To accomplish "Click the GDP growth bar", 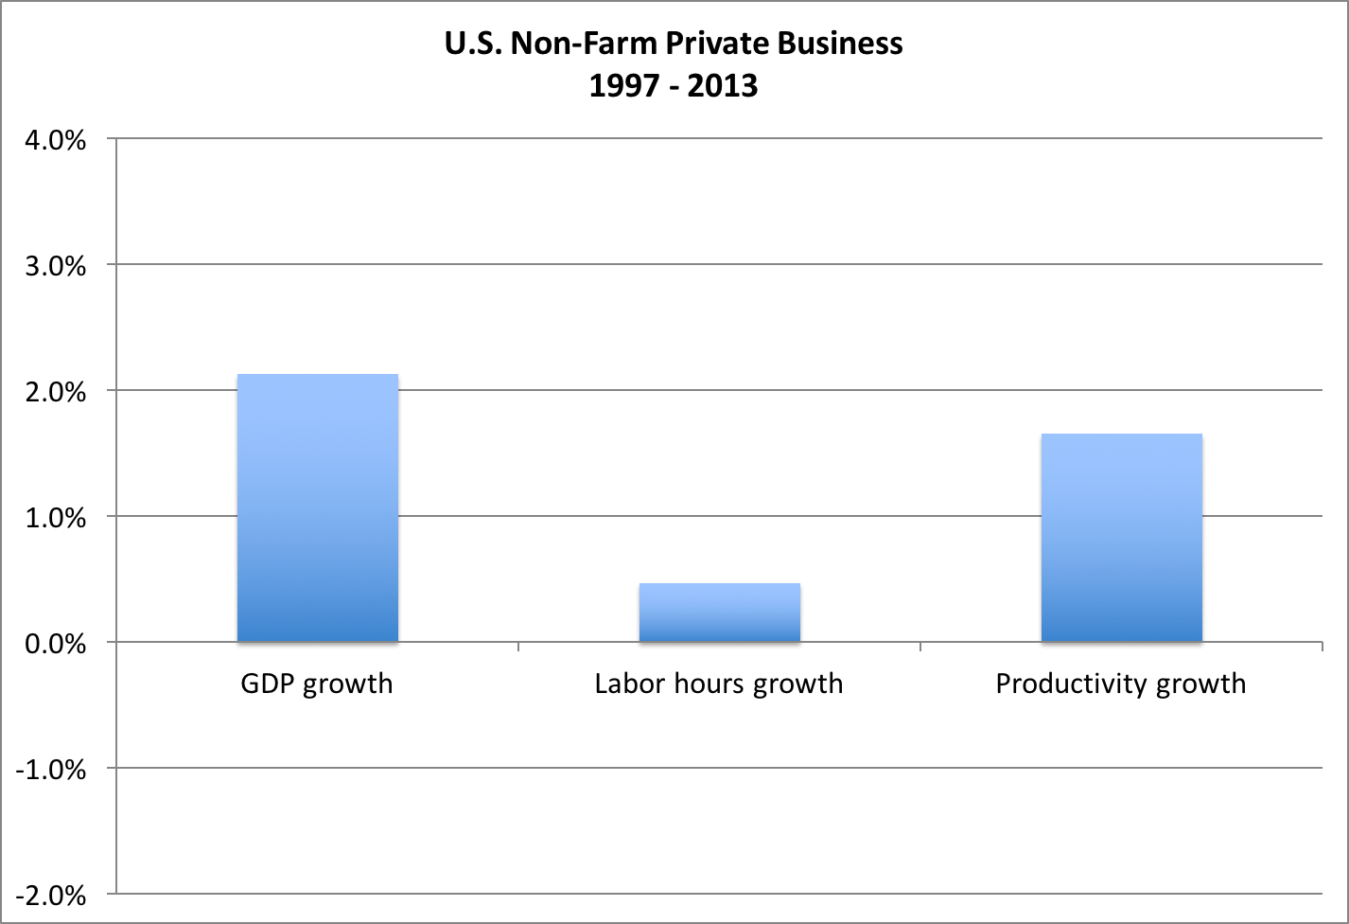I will (x=317, y=508).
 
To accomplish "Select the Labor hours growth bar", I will (x=720, y=613).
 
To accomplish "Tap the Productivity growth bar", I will (x=1121, y=538).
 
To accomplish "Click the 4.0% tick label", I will (x=54, y=140).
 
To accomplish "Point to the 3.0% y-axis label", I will (x=54, y=266).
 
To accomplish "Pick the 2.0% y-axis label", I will (x=54, y=392).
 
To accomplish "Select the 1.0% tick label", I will (x=54, y=518).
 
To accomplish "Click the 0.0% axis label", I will (x=54, y=644).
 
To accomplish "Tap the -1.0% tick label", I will (x=50, y=770).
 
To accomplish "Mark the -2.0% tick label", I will (x=50, y=896).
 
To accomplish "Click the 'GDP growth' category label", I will (x=317, y=684).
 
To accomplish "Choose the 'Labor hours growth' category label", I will (x=719, y=684).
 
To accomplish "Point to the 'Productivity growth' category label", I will (x=1121, y=684).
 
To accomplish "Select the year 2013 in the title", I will (x=723, y=86).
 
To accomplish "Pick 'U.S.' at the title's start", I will (x=473, y=44).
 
